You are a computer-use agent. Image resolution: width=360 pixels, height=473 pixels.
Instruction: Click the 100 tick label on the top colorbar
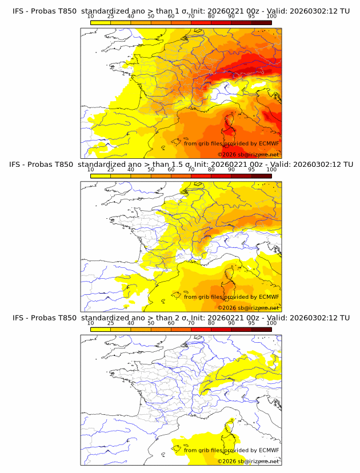[x=271, y=16]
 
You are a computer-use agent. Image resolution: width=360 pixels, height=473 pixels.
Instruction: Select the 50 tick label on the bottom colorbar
[x=151, y=323]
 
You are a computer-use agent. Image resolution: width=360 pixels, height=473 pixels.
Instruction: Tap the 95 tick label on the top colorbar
[x=251, y=16]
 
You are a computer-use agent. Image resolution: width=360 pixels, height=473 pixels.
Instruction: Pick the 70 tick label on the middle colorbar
[x=191, y=170]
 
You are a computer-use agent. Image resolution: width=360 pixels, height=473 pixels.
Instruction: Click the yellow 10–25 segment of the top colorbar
[x=101, y=22]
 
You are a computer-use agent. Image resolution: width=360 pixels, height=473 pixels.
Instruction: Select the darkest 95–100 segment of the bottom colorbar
[x=261, y=329]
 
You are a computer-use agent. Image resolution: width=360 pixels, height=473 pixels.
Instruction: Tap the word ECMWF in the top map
[x=269, y=143]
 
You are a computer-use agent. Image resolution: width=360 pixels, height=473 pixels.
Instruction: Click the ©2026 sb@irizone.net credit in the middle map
[x=249, y=308]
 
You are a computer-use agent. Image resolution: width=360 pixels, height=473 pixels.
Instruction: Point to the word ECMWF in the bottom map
[x=269, y=450]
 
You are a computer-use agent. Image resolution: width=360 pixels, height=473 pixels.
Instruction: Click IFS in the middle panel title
[x=18, y=164]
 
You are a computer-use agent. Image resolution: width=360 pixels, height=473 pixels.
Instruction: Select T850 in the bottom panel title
[x=66, y=318]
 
